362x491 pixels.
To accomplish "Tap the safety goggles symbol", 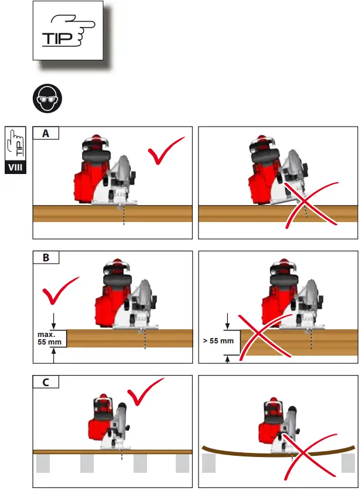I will coord(46,101).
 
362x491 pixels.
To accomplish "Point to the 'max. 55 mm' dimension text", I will coord(49,338).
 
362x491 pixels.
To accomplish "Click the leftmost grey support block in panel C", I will coord(42,464).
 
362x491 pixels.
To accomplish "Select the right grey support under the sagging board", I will coord(348,465).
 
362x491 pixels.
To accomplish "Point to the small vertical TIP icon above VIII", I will coord(16,144).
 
